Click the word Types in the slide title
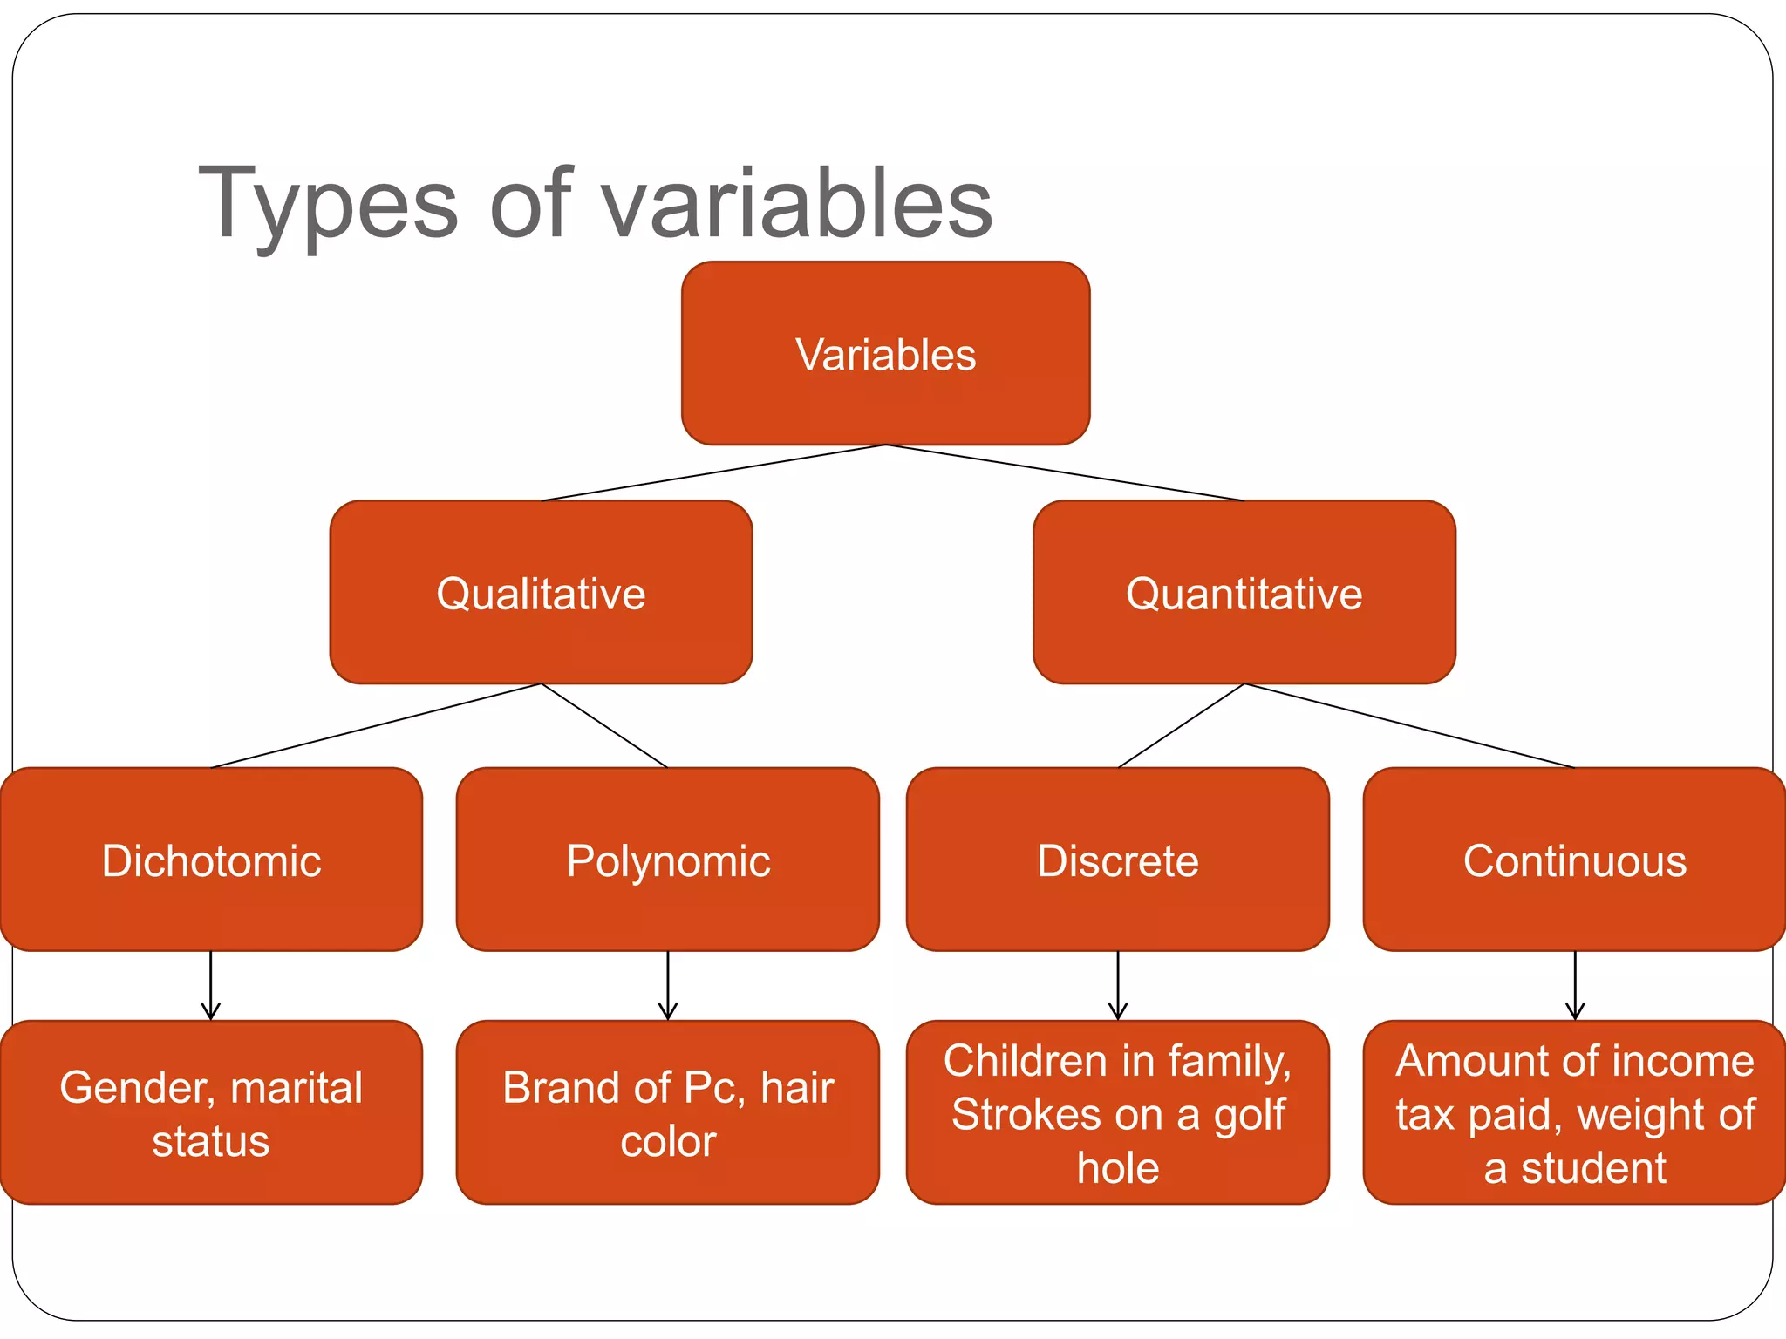[x=328, y=205]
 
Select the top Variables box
[x=885, y=354]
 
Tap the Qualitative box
[x=541, y=593]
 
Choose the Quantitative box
[x=1244, y=593]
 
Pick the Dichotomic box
[x=211, y=860]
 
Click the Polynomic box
[x=668, y=860]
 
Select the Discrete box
[x=1118, y=860]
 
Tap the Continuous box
[x=1575, y=860]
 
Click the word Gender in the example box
[x=135, y=1088]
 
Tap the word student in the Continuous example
[x=1593, y=1168]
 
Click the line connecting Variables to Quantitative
[x=1064, y=472]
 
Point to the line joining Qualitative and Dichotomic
[x=375, y=726]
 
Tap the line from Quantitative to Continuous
[x=1409, y=726]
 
